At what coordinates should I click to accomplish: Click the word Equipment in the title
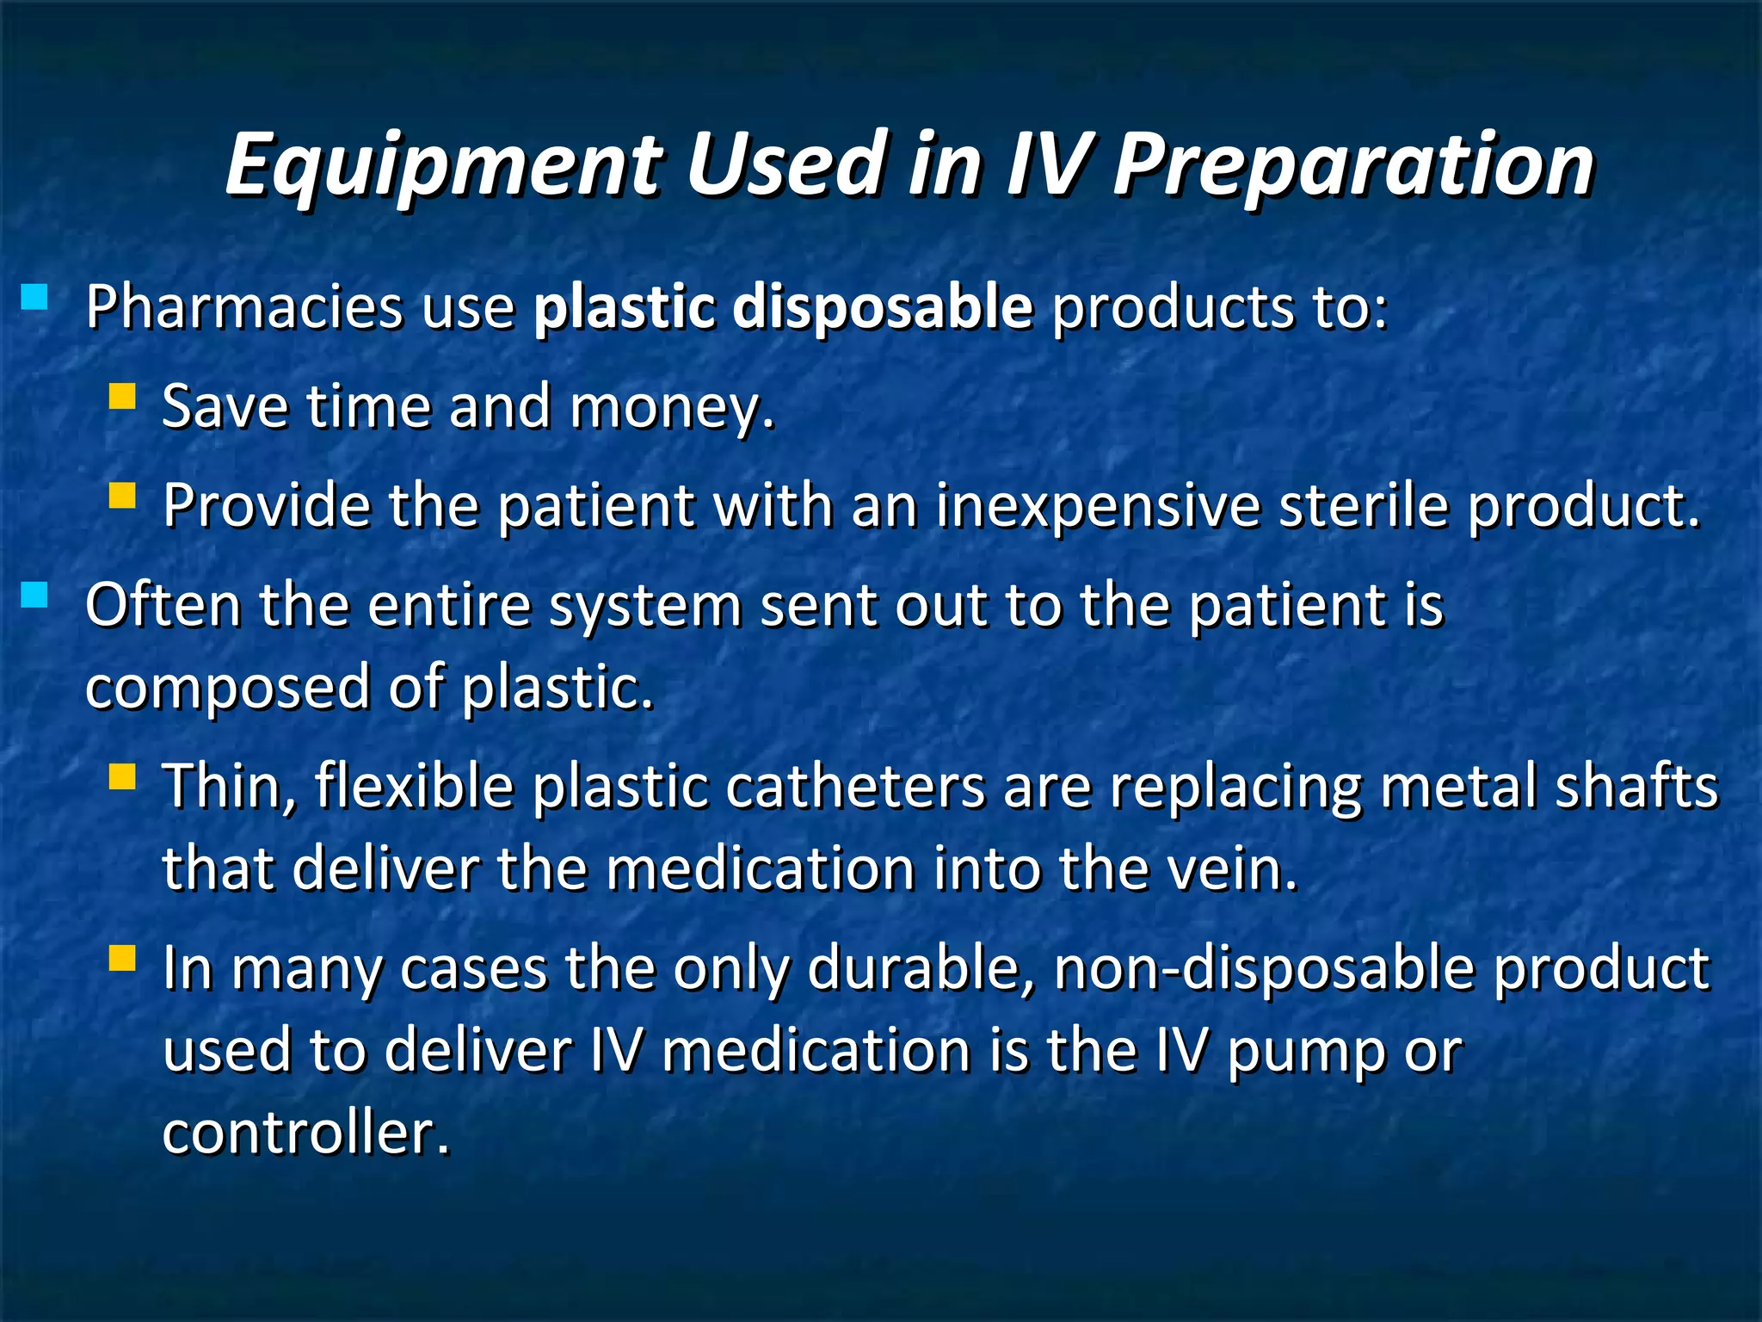443,164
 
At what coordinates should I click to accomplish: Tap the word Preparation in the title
1353,164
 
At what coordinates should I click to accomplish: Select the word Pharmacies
243,307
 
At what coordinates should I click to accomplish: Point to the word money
672,407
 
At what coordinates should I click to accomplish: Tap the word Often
163,605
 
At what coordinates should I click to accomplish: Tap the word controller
306,1133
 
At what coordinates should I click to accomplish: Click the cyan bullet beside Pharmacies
35,297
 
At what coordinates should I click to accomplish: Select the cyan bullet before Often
35,595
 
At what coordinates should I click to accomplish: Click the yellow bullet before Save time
123,397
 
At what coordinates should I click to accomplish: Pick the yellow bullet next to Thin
123,777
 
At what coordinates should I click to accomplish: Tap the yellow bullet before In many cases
123,959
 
